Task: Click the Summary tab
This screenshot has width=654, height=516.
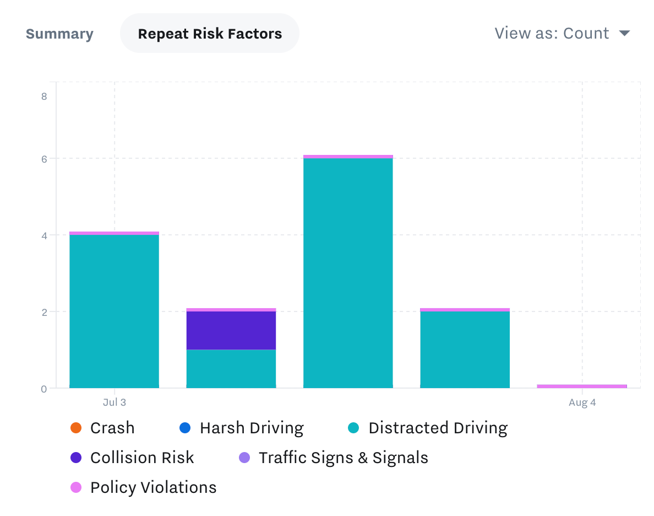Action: click(59, 34)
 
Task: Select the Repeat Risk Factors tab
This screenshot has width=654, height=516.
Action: click(210, 34)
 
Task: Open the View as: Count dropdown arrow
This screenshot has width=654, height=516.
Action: click(624, 33)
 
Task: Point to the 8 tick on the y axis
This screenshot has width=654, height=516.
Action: click(44, 96)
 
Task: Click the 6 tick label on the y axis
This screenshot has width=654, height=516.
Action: click(44, 159)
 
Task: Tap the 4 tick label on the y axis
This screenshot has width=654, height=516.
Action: click(44, 235)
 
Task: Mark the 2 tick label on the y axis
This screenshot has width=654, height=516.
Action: click(44, 312)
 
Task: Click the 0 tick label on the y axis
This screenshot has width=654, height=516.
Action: click(44, 389)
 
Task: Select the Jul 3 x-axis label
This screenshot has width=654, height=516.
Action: click(115, 402)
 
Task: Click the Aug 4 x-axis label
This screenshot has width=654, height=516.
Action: click(582, 402)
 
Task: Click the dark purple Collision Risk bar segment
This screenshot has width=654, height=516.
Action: click(231, 330)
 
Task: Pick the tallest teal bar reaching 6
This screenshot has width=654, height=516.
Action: click(348, 273)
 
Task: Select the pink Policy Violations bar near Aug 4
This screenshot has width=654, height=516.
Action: click(582, 386)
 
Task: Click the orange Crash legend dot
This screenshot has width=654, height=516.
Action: click(76, 428)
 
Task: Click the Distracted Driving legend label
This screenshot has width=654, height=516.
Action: click(438, 428)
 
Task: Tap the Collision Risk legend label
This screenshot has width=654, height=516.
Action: click(142, 458)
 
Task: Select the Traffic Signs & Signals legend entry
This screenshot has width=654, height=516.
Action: click(343, 458)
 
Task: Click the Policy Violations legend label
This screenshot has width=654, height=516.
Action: click(153, 487)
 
